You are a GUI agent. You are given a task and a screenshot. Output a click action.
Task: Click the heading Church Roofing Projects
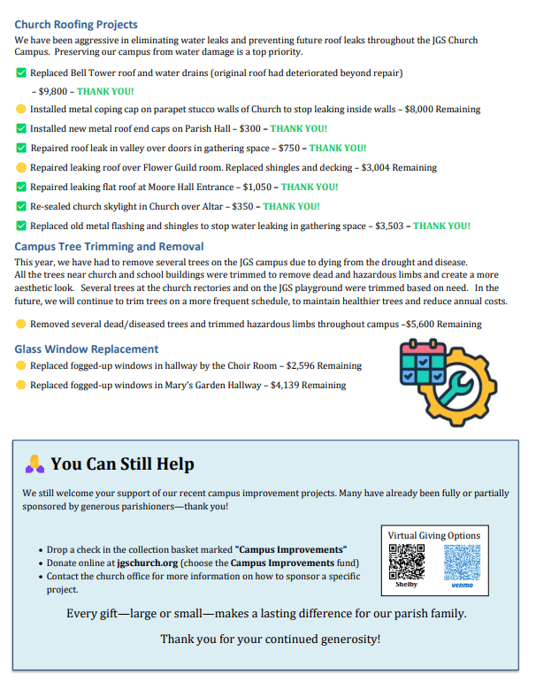[76, 25]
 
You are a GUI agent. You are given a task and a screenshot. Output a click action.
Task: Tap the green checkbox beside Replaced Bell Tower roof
[21, 73]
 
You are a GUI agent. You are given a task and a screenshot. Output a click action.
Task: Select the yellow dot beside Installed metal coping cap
[21, 110]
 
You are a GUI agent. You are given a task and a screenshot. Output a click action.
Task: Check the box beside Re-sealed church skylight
[21, 206]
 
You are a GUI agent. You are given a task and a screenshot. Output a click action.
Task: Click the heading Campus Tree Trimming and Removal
[109, 247]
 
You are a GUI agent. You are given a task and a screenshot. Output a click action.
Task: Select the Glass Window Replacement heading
[87, 349]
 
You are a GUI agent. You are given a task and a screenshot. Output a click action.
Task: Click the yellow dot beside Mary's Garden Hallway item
[21, 385]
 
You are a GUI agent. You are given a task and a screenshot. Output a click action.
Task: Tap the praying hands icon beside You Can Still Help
[34, 463]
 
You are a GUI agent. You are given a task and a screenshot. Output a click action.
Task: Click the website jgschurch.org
[148, 563]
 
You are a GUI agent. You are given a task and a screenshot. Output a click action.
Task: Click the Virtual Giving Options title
[433, 535]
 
